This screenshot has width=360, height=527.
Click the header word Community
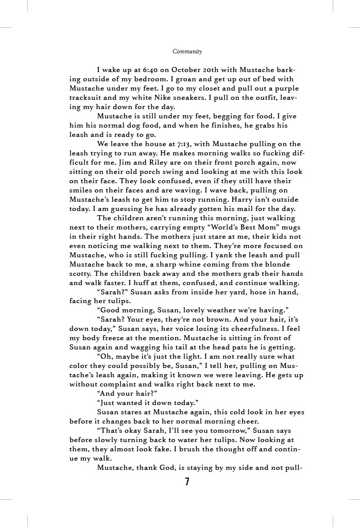point(187,51)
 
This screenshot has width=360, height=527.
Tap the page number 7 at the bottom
point(187,482)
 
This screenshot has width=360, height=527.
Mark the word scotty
point(81,274)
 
